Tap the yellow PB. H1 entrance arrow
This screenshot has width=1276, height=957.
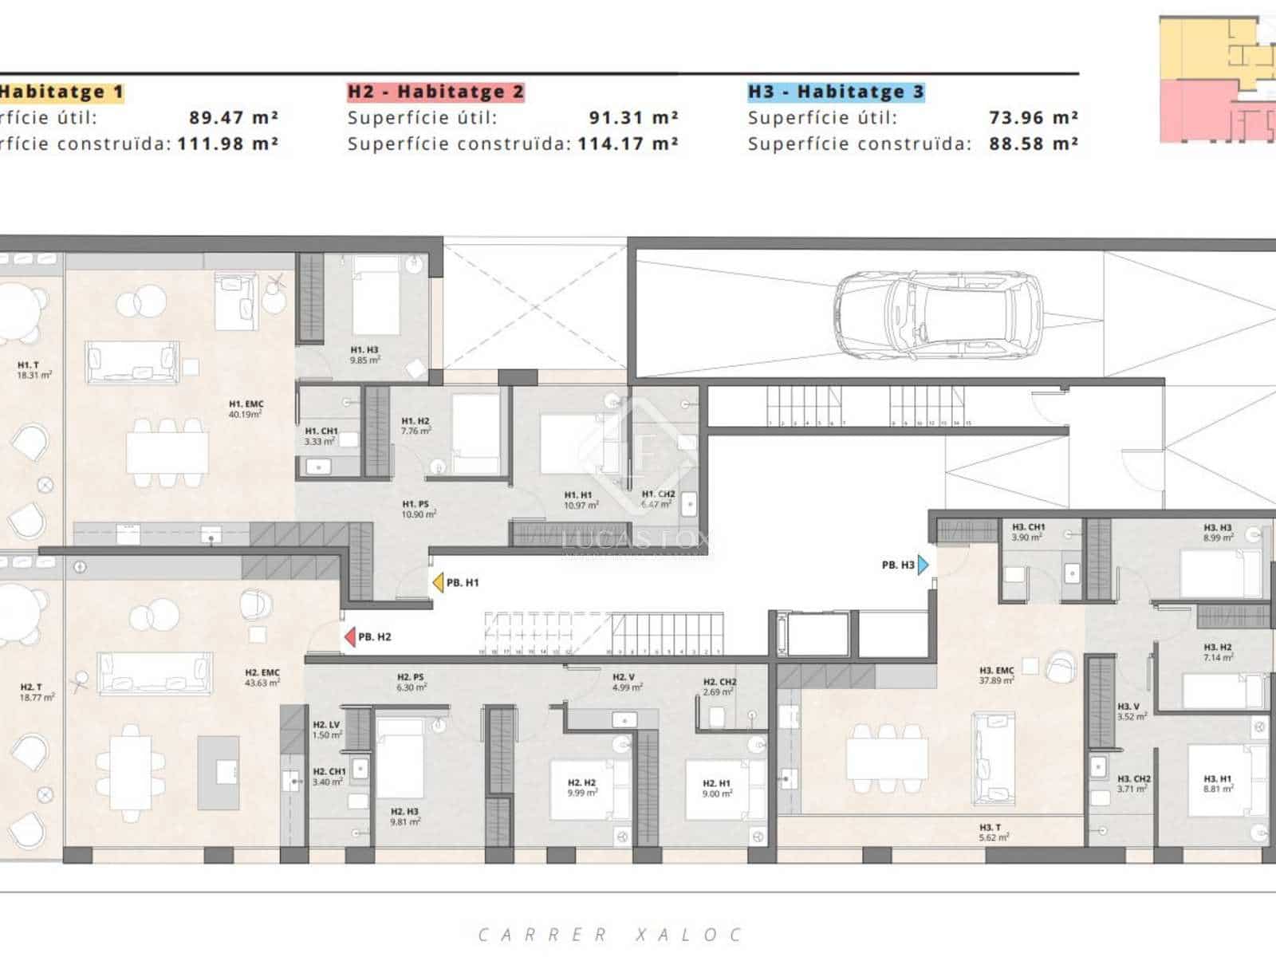[438, 583]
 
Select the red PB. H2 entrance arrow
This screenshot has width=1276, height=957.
[349, 637]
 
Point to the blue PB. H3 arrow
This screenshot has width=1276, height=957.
[924, 565]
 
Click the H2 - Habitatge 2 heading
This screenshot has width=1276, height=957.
[435, 92]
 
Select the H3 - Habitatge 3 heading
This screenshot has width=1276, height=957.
[836, 92]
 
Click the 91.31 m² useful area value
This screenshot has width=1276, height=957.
[633, 118]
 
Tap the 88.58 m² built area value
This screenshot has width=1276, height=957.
[1034, 144]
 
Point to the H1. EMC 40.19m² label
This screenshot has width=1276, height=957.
[246, 409]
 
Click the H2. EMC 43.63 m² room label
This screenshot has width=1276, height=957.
[262, 678]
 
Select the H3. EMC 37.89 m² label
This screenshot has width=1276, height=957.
[997, 675]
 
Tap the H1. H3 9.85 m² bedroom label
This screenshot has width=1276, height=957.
[364, 355]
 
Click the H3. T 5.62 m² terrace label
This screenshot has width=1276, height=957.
[994, 833]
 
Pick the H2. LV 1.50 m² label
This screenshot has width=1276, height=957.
[327, 730]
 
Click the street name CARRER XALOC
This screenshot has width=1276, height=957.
[610, 934]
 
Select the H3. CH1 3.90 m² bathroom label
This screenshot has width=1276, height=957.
[1028, 532]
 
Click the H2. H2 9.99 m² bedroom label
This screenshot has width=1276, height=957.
[582, 788]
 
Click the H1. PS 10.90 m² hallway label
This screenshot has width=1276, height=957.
[419, 509]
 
